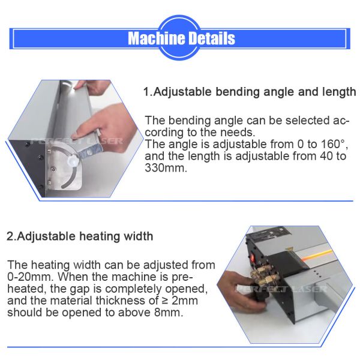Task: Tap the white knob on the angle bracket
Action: [x=73, y=160]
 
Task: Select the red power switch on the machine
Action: [x=253, y=257]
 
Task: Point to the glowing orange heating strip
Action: [x=317, y=256]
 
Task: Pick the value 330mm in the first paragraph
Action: [x=166, y=168]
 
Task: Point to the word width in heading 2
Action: [x=139, y=236]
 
